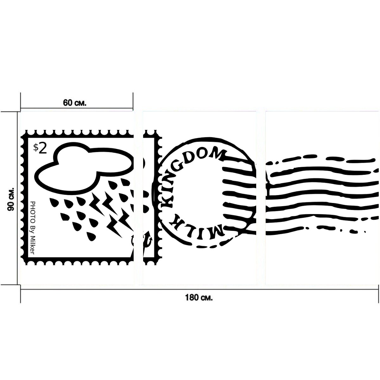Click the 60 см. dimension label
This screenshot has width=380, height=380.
[x=74, y=103]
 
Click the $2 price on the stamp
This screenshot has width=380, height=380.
[x=40, y=149]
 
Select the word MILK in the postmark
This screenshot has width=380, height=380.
[x=197, y=225]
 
